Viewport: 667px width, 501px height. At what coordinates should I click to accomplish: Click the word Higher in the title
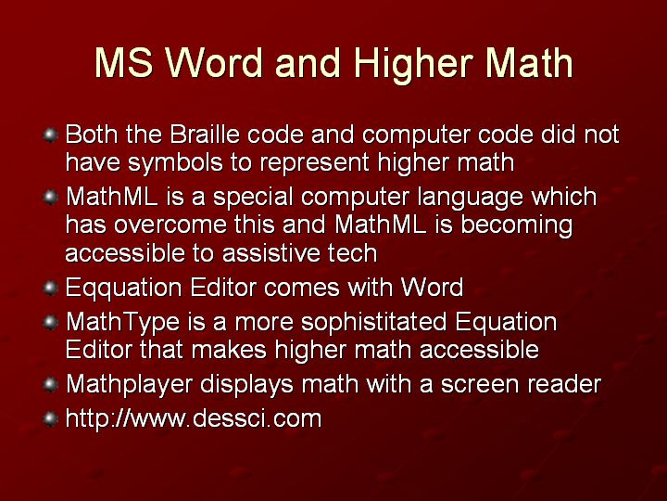(412, 64)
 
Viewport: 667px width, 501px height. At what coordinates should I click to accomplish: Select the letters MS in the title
(124, 63)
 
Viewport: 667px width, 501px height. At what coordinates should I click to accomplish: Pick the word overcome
(170, 225)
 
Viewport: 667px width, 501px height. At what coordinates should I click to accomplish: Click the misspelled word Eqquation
(123, 288)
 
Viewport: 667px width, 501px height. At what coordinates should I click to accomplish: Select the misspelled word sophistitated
(374, 323)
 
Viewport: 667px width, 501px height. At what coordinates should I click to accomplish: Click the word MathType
(123, 323)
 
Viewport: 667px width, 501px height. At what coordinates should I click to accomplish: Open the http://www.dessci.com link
(194, 417)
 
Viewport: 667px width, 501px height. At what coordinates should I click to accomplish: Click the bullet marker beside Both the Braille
(51, 135)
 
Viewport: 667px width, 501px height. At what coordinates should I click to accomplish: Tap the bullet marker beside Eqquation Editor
(51, 289)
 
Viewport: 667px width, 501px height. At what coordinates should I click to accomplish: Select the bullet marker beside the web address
(51, 418)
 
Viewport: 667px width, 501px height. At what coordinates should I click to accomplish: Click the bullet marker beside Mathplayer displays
(51, 385)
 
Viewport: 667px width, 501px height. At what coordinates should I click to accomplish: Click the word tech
(352, 253)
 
